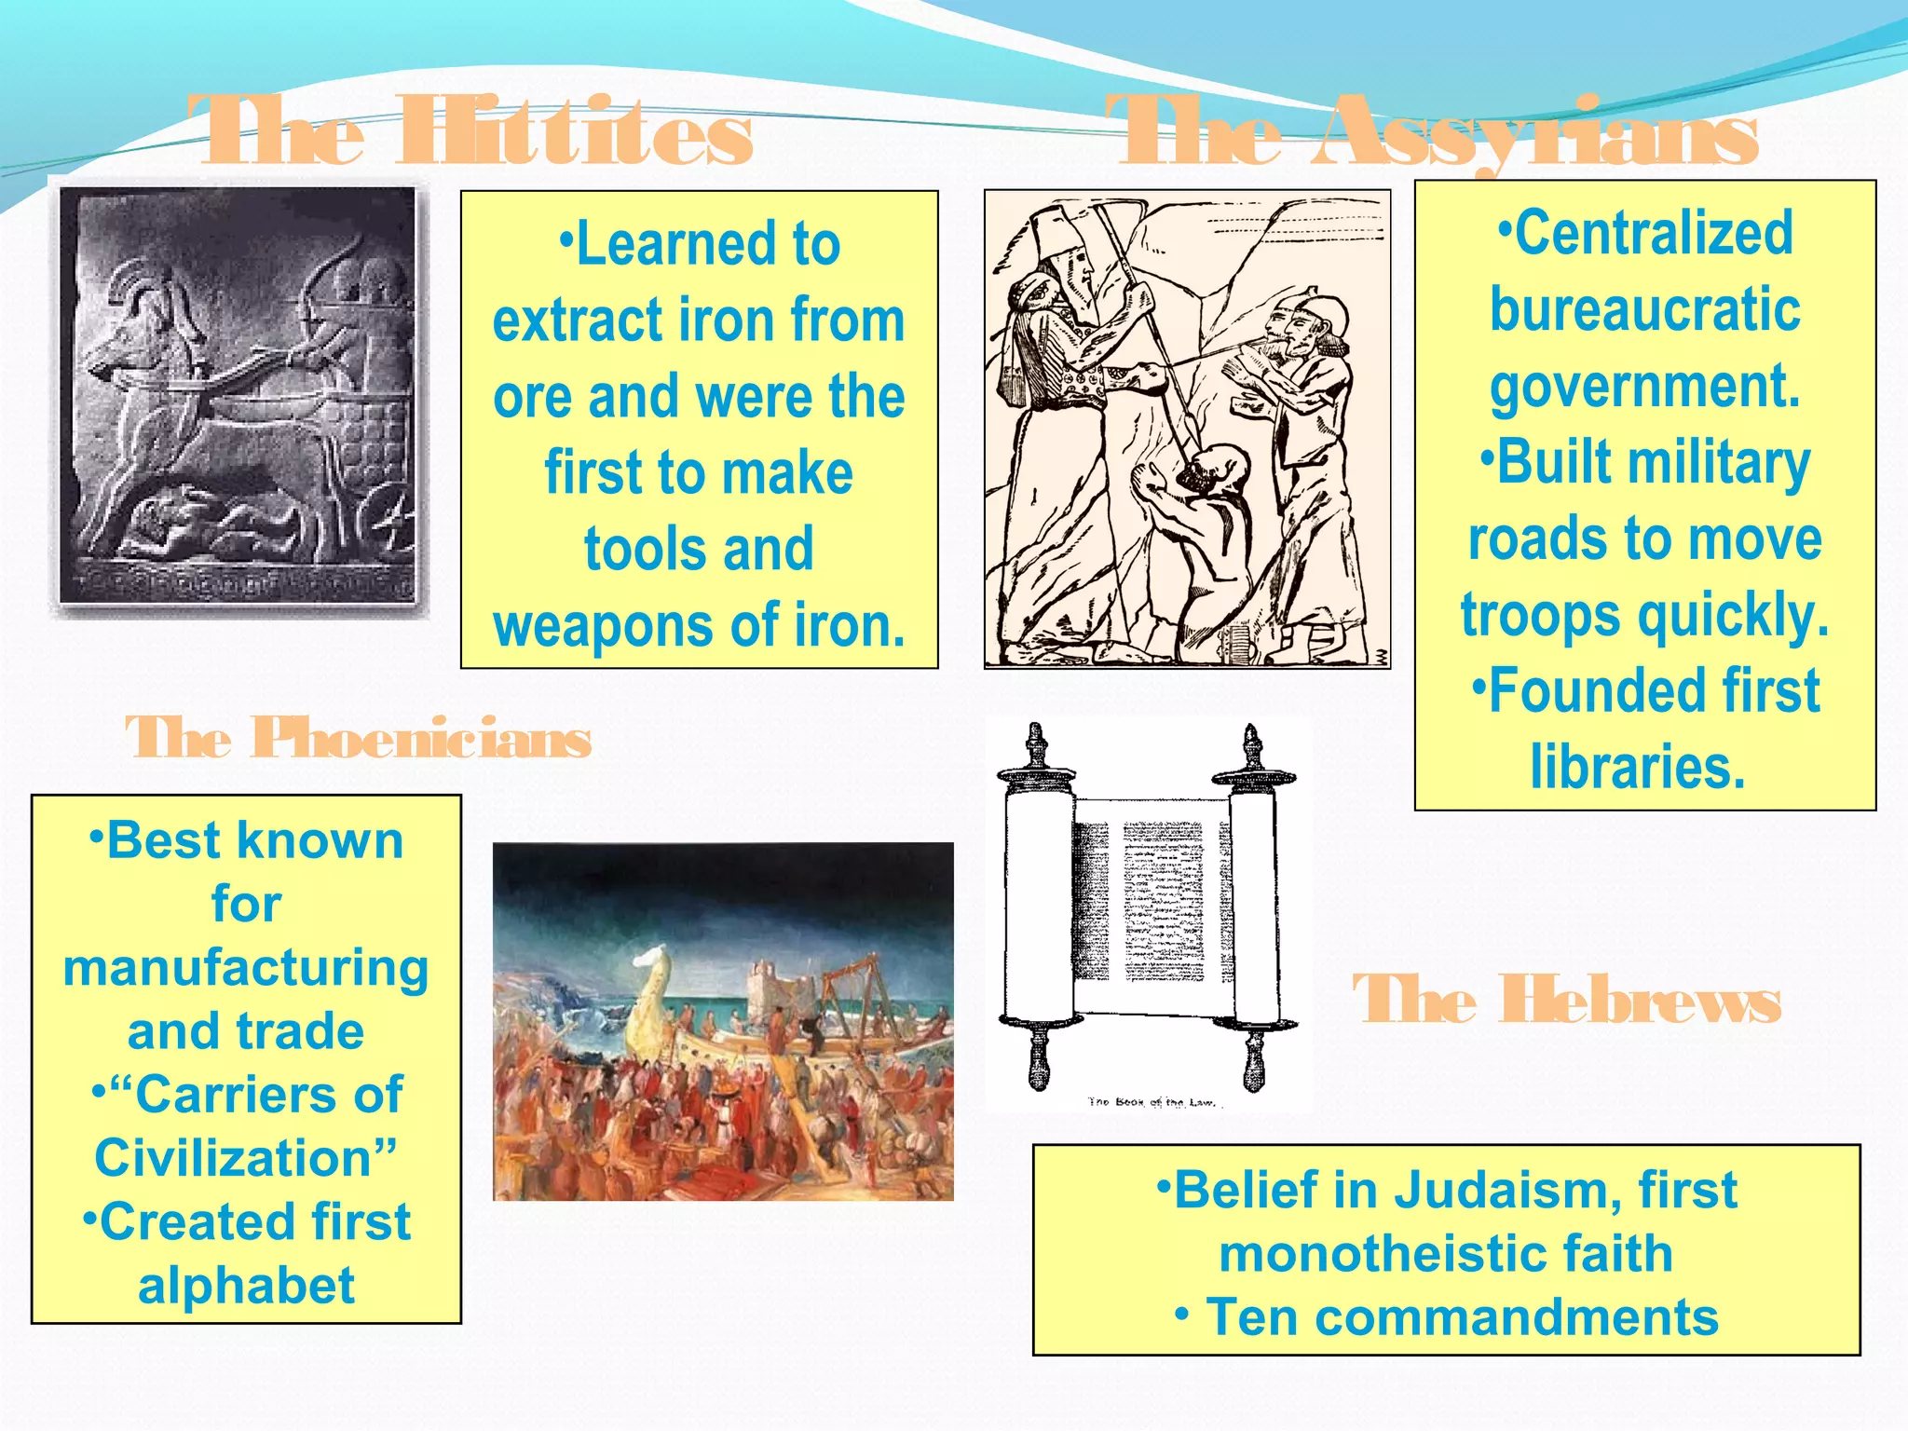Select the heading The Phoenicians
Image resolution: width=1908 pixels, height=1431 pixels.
click(x=359, y=739)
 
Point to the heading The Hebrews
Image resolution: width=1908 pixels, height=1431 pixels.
click(x=1566, y=1001)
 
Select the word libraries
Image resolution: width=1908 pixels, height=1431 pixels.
click(x=1637, y=768)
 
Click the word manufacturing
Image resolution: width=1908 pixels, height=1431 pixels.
click(x=246, y=968)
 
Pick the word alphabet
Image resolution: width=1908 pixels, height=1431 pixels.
click(x=246, y=1286)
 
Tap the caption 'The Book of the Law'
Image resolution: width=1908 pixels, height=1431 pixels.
click(x=1152, y=1103)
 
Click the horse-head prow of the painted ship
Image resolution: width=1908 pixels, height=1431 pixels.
click(x=657, y=969)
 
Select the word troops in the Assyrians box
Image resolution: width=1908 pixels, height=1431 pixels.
click(x=1542, y=616)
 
